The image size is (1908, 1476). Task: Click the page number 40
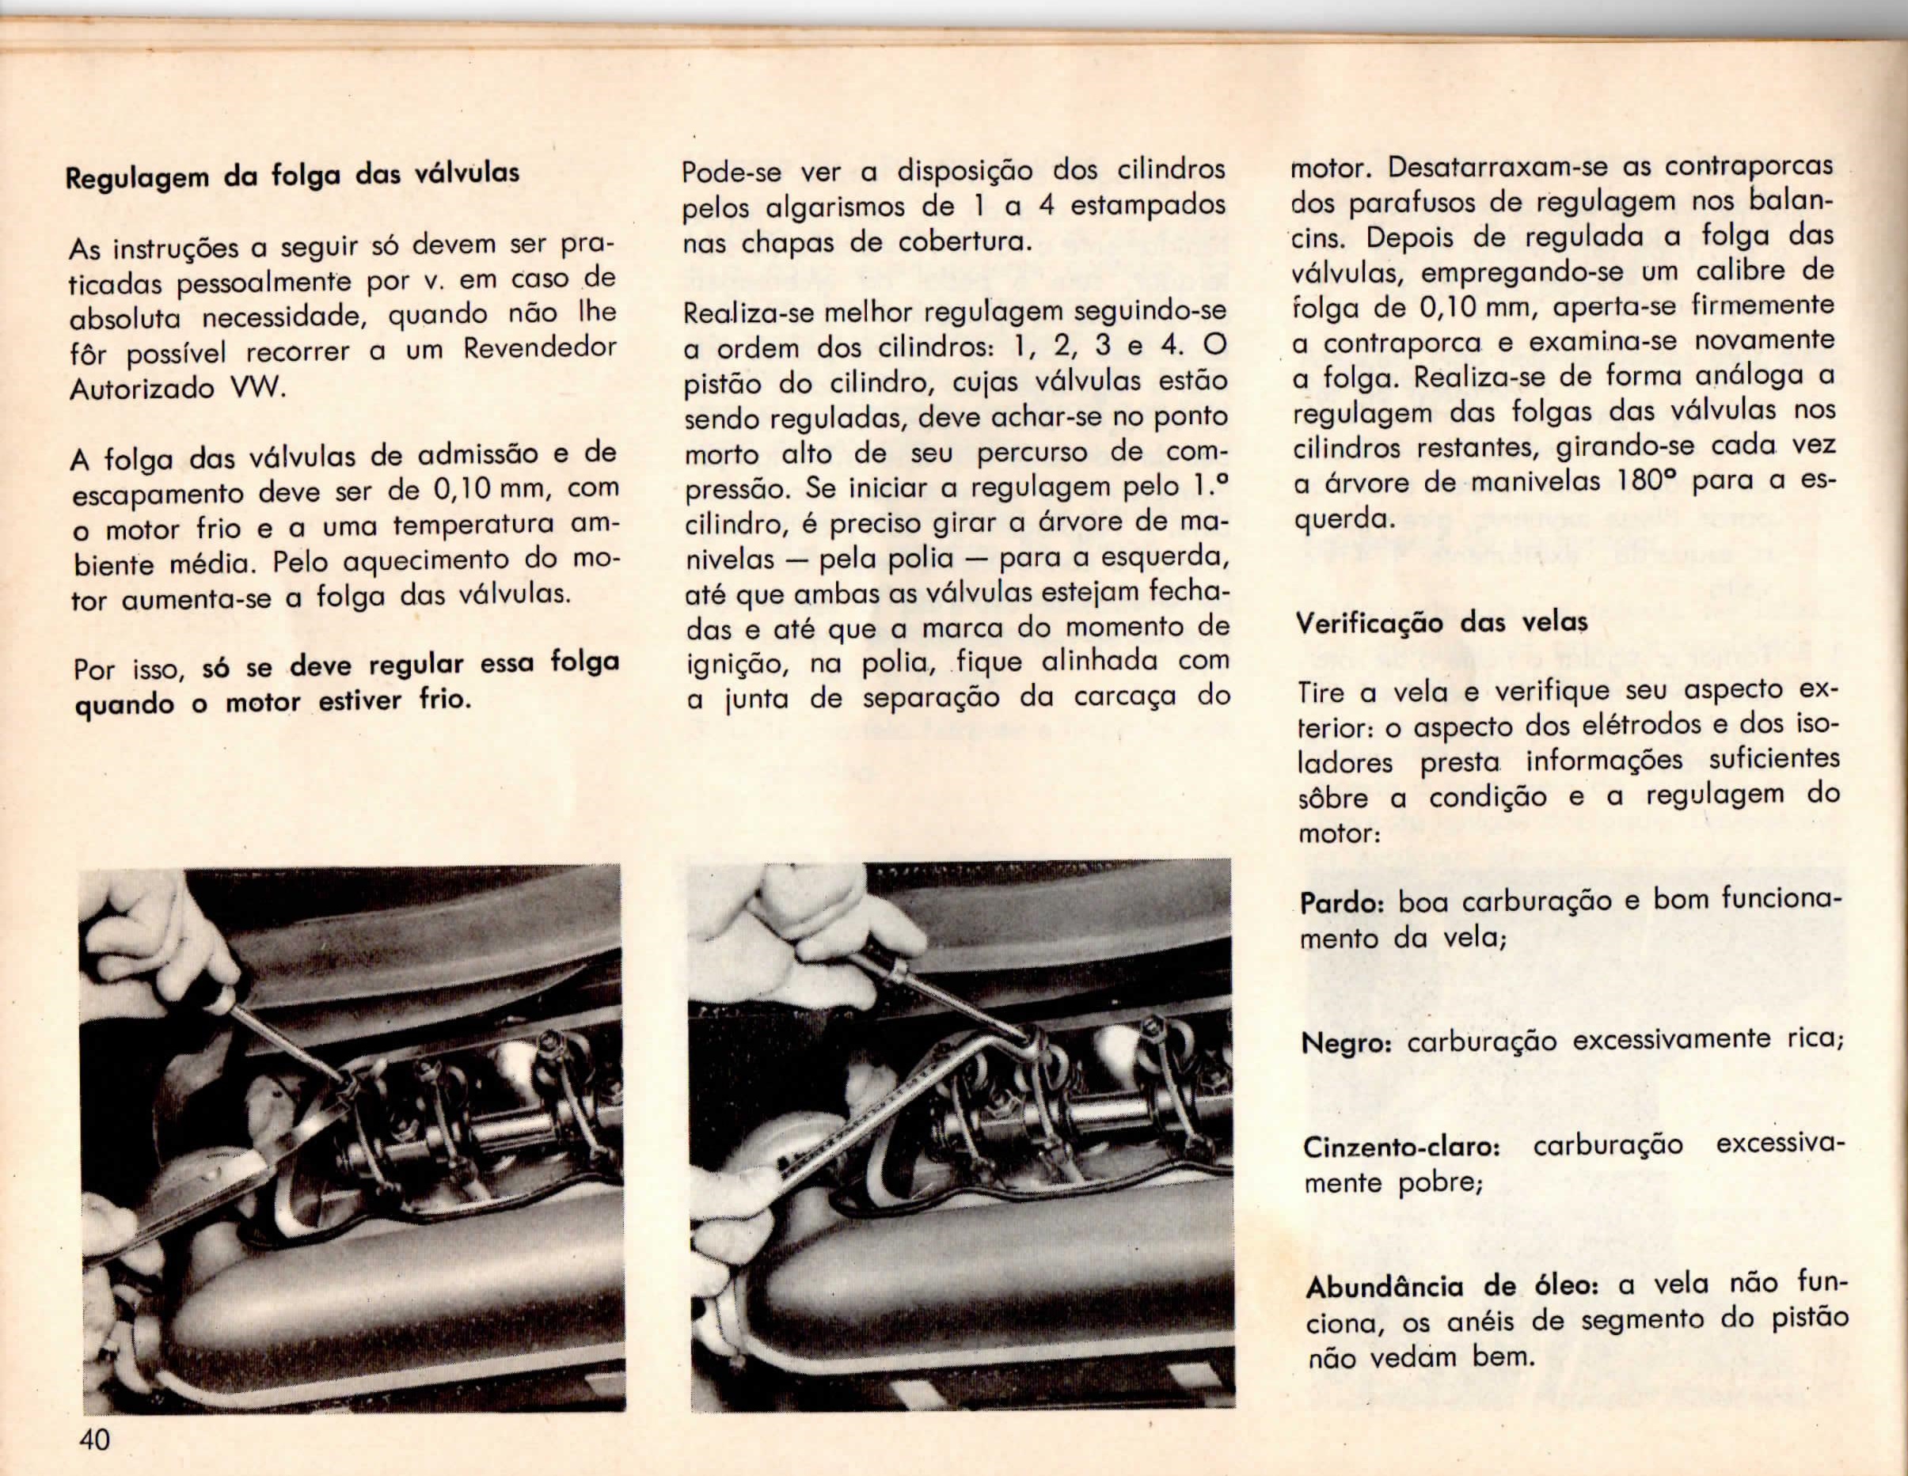(x=94, y=1439)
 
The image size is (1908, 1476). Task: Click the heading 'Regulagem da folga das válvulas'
(x=293, y=176)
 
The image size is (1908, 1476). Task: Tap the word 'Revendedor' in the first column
(x=540, y=349)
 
